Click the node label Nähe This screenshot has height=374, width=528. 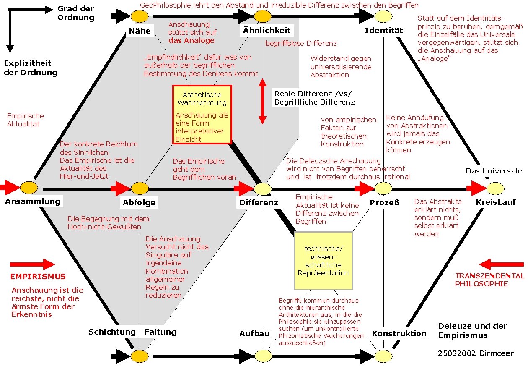coord(140,31)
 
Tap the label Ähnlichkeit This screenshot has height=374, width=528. coord(267,31)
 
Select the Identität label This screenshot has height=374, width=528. coord(383,30)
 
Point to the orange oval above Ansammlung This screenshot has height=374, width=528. coord(29,187)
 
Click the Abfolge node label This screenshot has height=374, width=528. coord(139,202)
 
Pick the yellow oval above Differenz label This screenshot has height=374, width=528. coord(263,189)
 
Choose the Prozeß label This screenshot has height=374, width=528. coord(384,202)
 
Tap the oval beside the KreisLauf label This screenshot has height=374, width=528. coord(495,188)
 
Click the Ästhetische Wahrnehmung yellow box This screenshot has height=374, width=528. coord(202,115)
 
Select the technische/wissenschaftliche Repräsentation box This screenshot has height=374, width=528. coord(323,261)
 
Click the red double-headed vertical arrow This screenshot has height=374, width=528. coord(262,102)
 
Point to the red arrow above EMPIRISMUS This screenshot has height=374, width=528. coord(32,264)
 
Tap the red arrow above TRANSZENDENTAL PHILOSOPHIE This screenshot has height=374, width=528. coord(501,264)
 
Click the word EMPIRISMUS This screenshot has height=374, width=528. coord(38,277)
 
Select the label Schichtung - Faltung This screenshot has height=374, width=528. coord(132,332)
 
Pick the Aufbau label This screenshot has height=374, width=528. coord(254,334)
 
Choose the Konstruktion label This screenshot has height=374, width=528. coord(399,334)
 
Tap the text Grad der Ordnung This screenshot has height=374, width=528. coord(75,13)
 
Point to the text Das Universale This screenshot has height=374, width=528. coord(494,171)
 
